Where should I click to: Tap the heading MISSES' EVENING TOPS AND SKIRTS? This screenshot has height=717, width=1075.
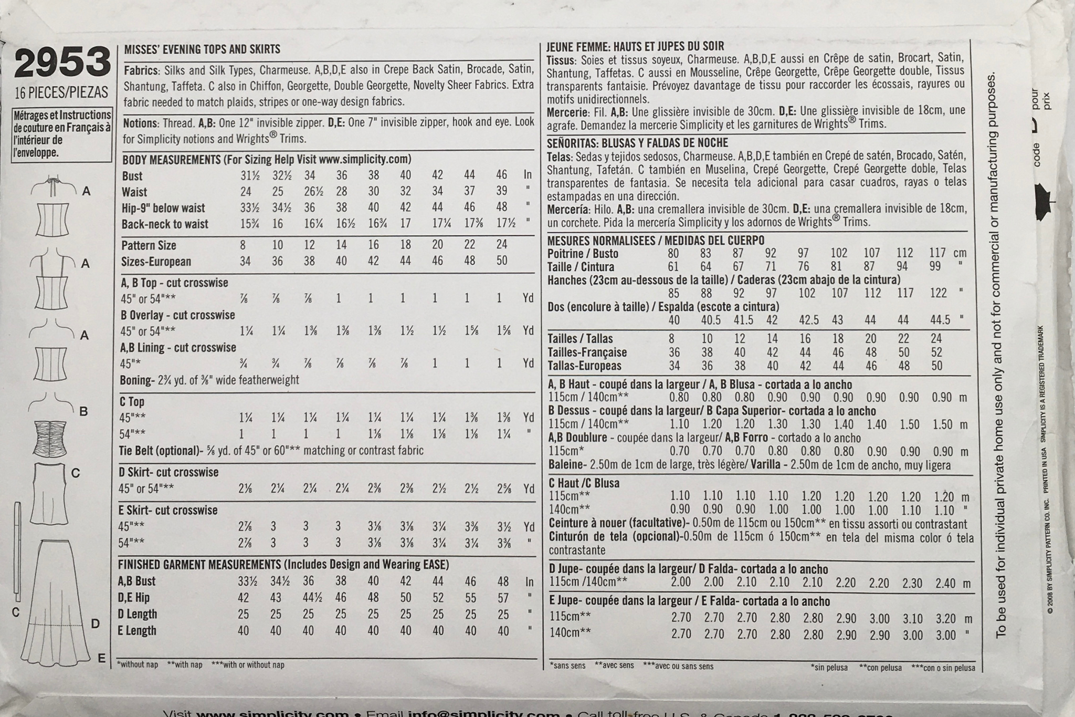tap(202, 50)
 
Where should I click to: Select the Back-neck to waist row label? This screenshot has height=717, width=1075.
tap(165, 224)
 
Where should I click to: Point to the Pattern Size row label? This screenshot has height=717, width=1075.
tap(149, 245)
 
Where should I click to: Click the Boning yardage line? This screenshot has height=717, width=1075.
tap(209, 380)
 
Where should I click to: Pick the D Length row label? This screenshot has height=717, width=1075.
tap(137, 614)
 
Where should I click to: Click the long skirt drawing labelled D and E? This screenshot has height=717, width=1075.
tap(55, 594)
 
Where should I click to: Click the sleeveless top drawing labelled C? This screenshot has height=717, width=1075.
tap(51, 494)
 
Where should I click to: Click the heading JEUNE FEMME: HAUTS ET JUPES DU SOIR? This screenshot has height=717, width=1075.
tap(635, 46)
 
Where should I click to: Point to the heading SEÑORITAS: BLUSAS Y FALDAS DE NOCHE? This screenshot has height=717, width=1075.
tap(637, 143)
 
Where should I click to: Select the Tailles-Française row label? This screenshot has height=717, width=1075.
tap(587, 352)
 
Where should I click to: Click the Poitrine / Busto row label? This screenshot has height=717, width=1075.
tap(583, 254)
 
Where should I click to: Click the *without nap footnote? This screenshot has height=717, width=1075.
tap(138, 664)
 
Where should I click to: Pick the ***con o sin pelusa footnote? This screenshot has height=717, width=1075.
tap(943, 668)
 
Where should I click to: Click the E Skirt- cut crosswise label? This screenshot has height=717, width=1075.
tap(167, 511)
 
